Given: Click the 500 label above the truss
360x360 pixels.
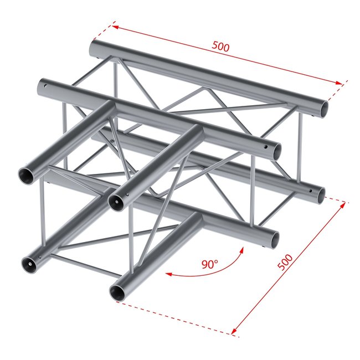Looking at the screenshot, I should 220,47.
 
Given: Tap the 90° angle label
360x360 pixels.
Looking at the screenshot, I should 209,265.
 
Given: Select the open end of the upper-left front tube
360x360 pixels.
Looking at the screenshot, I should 27,174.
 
